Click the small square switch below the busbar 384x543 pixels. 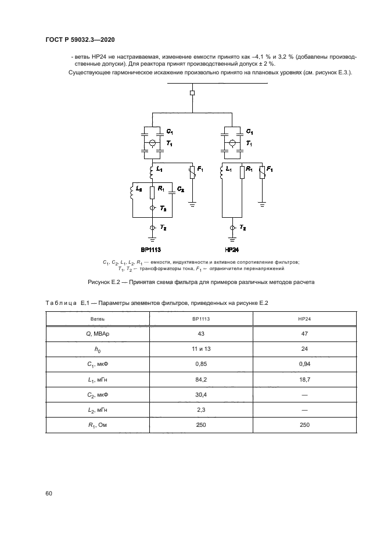tap(192, 92)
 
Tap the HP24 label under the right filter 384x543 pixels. tap(232, 248)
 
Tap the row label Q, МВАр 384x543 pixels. tap(98, 334)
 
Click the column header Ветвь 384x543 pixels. tap(98, 319)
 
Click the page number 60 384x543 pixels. tap(49, 493)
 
